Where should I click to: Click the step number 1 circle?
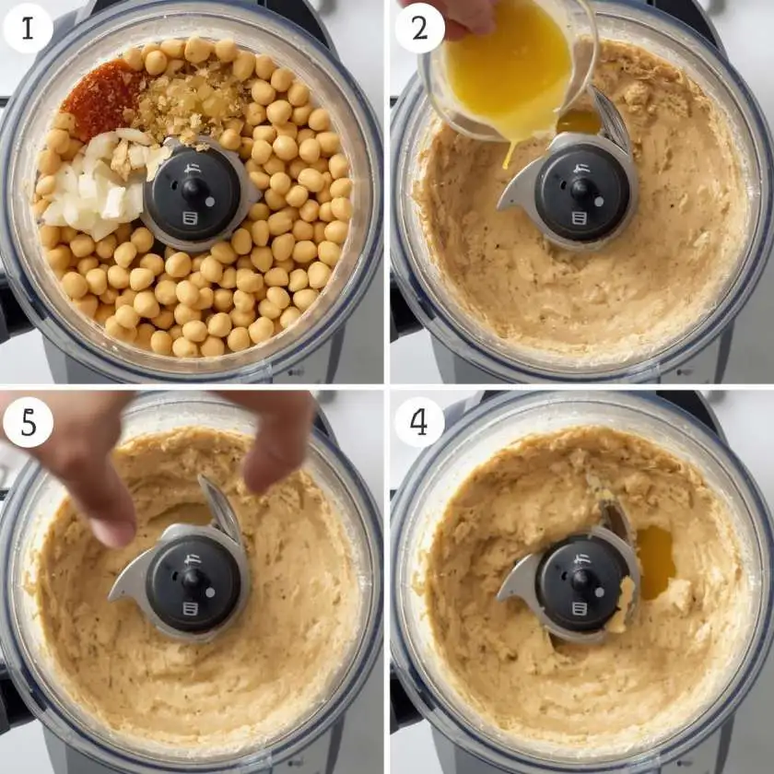[x=28, y=29]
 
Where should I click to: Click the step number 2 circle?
[x=419, y=29]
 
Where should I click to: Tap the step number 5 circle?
[x=28, y=422]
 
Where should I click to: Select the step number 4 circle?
[x=419, y=422]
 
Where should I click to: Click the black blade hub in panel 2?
[x=584, y=192]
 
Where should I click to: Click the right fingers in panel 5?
[x=276, y=461]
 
